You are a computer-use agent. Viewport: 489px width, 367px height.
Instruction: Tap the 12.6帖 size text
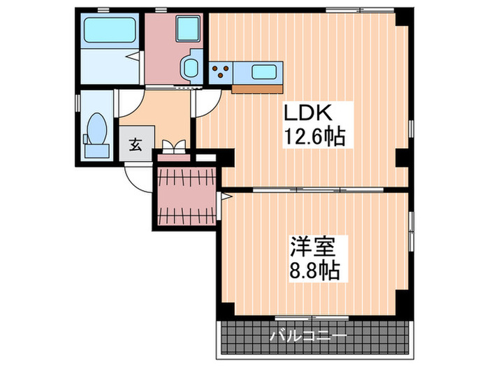314,136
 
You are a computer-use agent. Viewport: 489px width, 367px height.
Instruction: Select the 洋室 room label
314,247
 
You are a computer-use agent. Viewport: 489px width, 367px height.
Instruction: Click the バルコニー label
308,336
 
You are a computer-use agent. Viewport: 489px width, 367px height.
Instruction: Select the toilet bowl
96,129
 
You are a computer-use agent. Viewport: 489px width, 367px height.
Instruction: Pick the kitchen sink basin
265,71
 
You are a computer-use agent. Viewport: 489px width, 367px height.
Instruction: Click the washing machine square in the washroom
187,30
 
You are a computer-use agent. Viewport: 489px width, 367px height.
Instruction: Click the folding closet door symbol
173,147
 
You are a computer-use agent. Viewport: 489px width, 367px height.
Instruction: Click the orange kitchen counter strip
258,88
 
